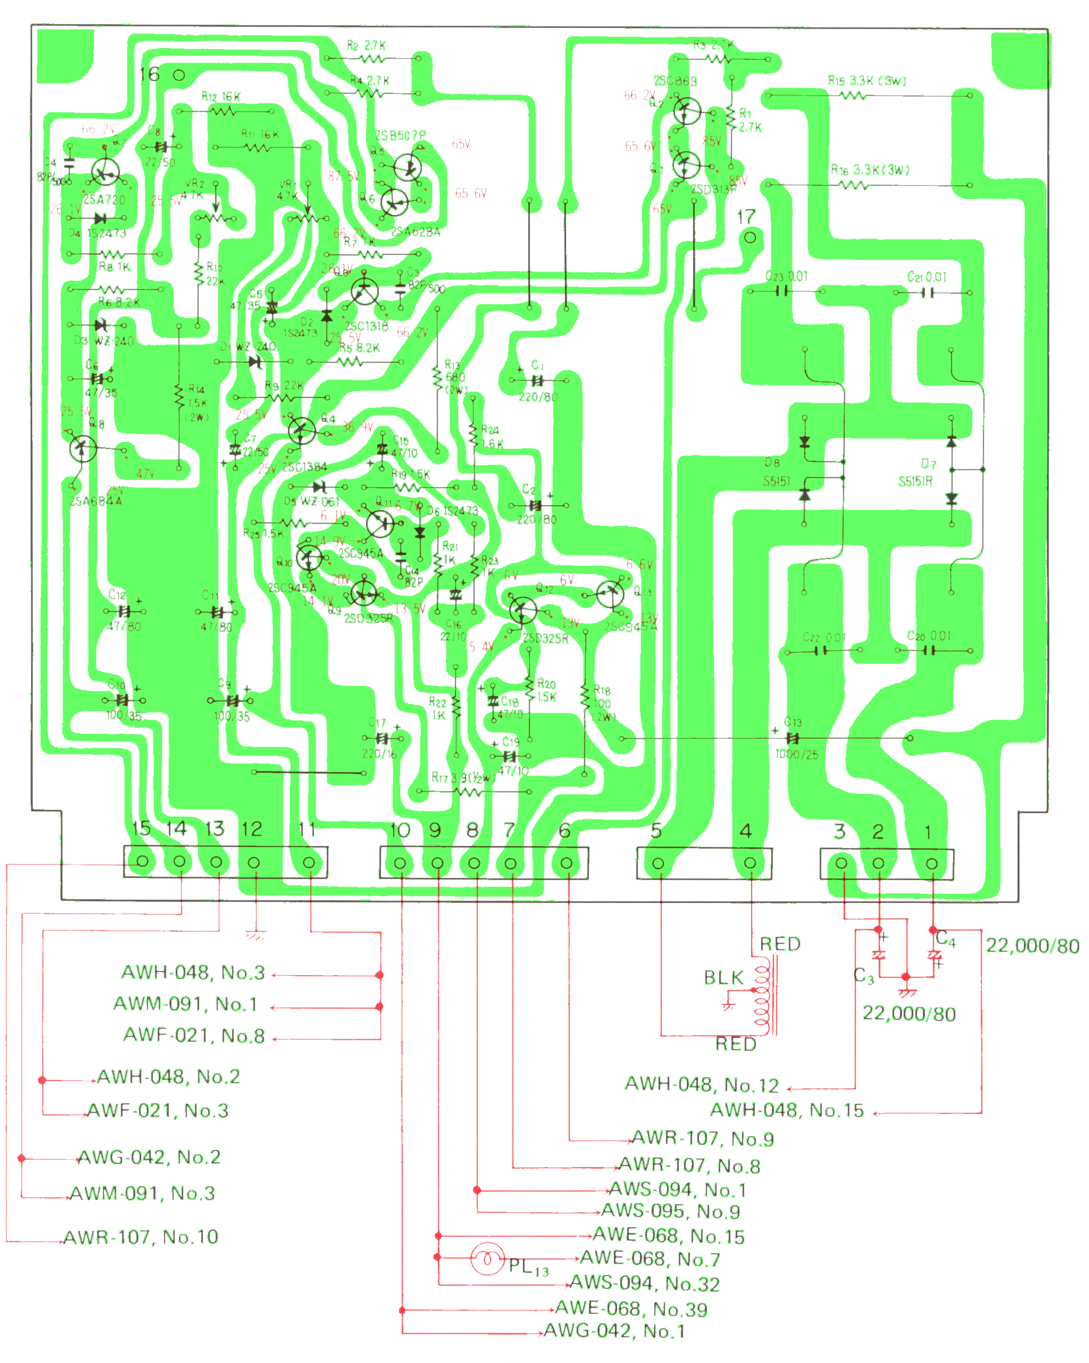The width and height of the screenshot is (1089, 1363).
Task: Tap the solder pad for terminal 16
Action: click(179, 75)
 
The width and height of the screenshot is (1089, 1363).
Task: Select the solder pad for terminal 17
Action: click(750, 238)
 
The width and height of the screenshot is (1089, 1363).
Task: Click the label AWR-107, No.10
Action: click(141, 1236)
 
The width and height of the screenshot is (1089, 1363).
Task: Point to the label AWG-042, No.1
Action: click(614, 1331)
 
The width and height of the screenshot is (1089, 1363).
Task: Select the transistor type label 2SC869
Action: click(675, 81)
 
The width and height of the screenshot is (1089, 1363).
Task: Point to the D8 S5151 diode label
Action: click(776, 472)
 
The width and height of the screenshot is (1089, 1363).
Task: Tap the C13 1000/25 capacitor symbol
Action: click(792, 738)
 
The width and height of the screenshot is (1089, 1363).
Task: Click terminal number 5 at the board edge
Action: click(657, 830)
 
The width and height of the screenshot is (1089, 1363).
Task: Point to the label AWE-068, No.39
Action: click(631, 1309)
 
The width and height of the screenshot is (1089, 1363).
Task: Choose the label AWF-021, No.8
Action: click(194, 1035)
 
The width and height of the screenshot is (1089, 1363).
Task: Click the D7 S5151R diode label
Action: click(916, 472)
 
